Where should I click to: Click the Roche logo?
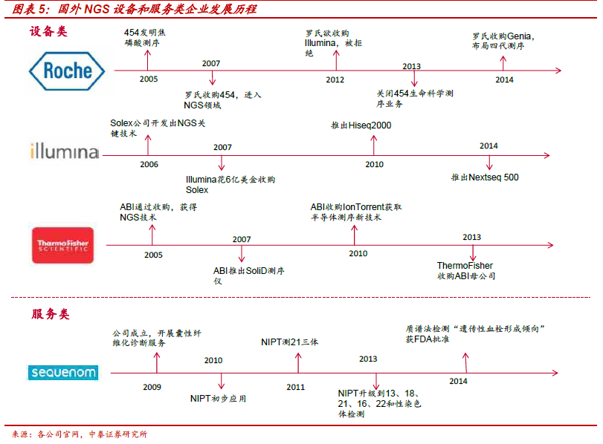point(67,71)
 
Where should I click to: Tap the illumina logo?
point(65,151)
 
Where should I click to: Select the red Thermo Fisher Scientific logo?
point(62,246)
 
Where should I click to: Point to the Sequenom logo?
point(63,373)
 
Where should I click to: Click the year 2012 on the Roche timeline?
point(335,80)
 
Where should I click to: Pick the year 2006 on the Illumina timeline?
point(149,164)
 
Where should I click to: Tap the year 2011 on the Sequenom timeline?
point(295,387)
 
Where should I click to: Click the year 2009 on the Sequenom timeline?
point(152,387)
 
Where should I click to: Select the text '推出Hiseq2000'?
point(361,125)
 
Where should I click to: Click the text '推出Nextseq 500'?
point(485,177)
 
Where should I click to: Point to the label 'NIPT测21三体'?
point(289,342)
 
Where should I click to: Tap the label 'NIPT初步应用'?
point(218,399)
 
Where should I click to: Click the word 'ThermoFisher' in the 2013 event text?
point(465,266)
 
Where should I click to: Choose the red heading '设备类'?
point(48,31)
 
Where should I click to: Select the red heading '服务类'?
point(51,314)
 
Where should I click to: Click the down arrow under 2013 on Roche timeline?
point(414,79)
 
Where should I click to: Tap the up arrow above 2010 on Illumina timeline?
point(373,146)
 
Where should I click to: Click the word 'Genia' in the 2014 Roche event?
point(519,36)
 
